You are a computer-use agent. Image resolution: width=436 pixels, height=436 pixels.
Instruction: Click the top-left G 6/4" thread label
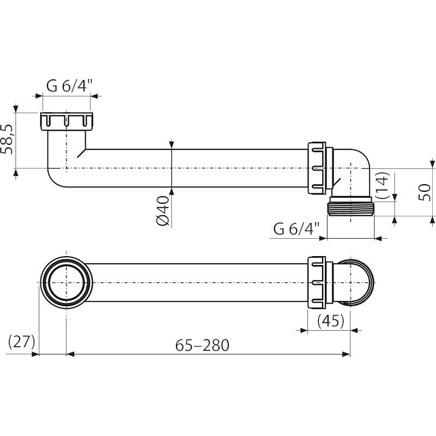click(x=69, y=86)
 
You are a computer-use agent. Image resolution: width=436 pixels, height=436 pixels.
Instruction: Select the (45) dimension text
click(x=330, y=321)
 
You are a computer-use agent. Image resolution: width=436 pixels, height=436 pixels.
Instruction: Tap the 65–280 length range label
click(x=202, y=345)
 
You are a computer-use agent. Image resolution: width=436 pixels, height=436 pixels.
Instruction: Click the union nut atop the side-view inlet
click(x=65, y=120)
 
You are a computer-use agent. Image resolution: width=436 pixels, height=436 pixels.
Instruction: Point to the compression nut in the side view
click(x=317, y=169)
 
